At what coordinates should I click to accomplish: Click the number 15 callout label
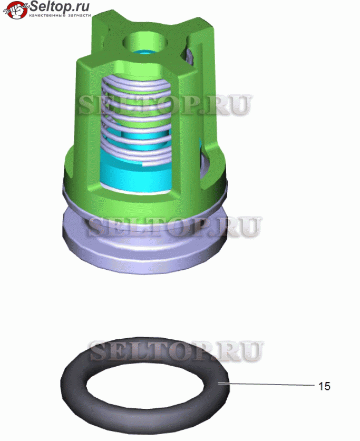(324, 386)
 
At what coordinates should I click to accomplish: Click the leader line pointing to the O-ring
(266, 384)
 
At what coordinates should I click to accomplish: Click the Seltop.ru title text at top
(60, 6)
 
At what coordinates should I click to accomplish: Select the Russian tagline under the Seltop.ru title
(60, 15)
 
